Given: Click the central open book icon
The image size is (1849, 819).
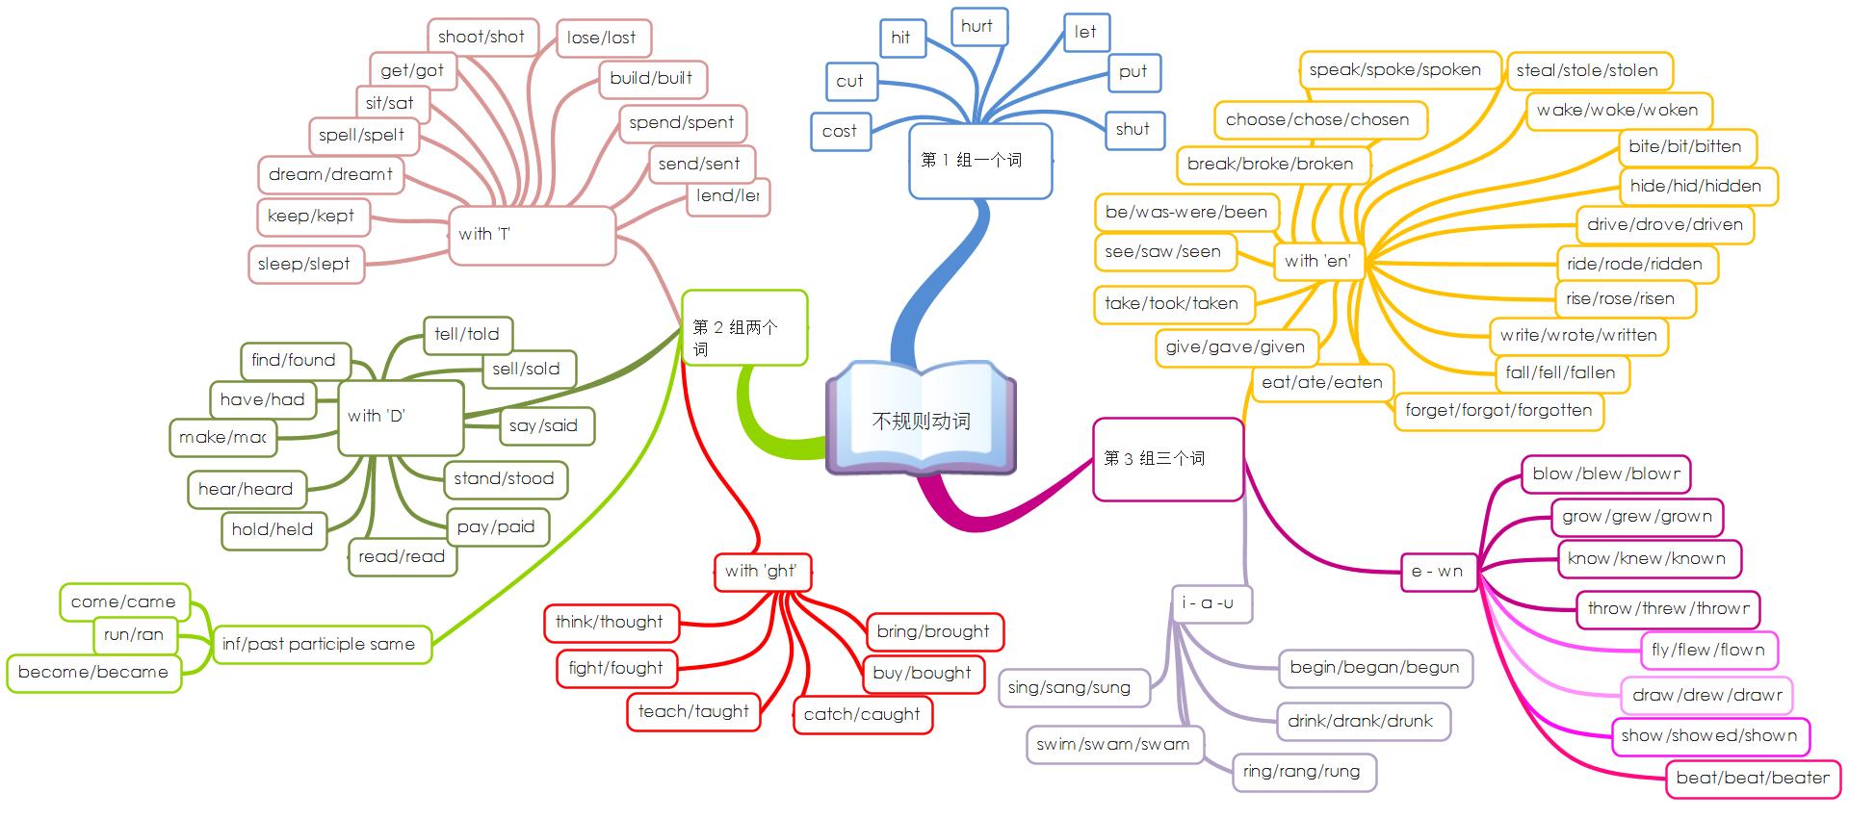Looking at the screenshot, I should pyautogui.click(x=921, y=419).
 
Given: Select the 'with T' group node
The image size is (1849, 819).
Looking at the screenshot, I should pyautogui.click(x=532, y=235).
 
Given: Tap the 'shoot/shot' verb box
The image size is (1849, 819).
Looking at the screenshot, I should pyautogui.click(x=481, y=38).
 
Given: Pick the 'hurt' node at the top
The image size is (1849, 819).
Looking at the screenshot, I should pyautogui.click(x=977, y=27).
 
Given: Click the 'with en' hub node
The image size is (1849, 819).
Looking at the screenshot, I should pyautogui.click(x=1317, y=261).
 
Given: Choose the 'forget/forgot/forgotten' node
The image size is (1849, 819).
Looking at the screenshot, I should pyautogui.click(x=1497, y=411).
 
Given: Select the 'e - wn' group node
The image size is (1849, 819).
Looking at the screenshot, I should pyautogui.click(x=1437, y=572).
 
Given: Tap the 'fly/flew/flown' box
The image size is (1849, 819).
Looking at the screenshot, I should pyautogui.click(x=1707, y=651).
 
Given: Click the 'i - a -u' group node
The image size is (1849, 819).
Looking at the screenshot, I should pyautogui.click(x=1209, y=603).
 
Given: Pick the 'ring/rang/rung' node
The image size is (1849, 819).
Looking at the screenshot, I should pyautogui.click(x=1302, y=771).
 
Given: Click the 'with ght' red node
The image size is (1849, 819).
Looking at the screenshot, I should pyautogui.click(x=762, y=572).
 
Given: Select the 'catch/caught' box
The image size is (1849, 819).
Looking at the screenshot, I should pyautogui.click(x=862, y=714).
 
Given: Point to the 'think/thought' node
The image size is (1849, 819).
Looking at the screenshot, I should pyautogui.click(x=610, y=623).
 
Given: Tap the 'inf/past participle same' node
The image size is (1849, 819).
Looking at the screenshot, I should pyautogui.click(x=319, y=645).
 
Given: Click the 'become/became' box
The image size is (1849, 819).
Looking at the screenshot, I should pyautogui.click(x=93, y=673).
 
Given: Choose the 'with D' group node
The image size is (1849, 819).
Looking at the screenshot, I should pyautogui.click(x=400, y=417).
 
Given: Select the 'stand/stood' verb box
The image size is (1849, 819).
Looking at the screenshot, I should pyautogui.click(x=504, y=479).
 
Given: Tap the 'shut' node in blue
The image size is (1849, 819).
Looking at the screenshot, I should pyautogui.click(x=1133, y=130).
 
